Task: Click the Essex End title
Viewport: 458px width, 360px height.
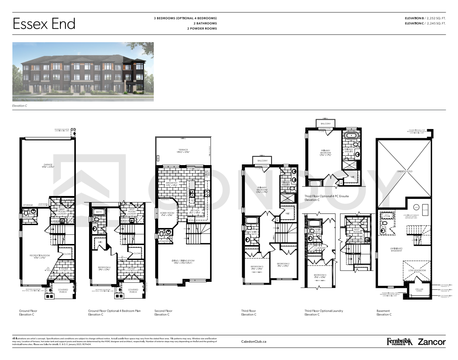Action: (44, 24)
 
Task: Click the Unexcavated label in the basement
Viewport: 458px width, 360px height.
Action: (405, 171)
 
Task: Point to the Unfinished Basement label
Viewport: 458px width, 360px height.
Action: (396, 249)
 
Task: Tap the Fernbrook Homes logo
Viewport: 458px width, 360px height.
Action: (399, 342)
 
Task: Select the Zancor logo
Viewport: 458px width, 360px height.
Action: (431, 342)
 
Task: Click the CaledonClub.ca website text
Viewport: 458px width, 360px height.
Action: (254, 341)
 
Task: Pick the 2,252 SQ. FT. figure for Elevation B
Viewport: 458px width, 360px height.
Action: (436, 18)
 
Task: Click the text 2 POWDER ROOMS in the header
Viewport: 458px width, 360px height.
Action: (202, 28)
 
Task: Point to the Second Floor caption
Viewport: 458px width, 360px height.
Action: (163, 311)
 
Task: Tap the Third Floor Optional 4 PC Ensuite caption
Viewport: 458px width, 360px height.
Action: (326, 196)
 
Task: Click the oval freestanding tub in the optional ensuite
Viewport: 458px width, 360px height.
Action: (351, 136)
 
